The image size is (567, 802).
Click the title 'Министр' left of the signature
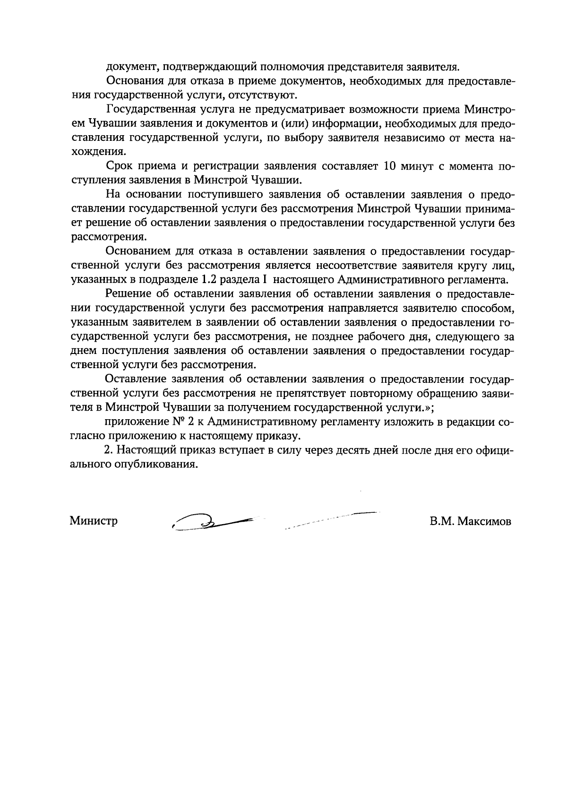[94, 521]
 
